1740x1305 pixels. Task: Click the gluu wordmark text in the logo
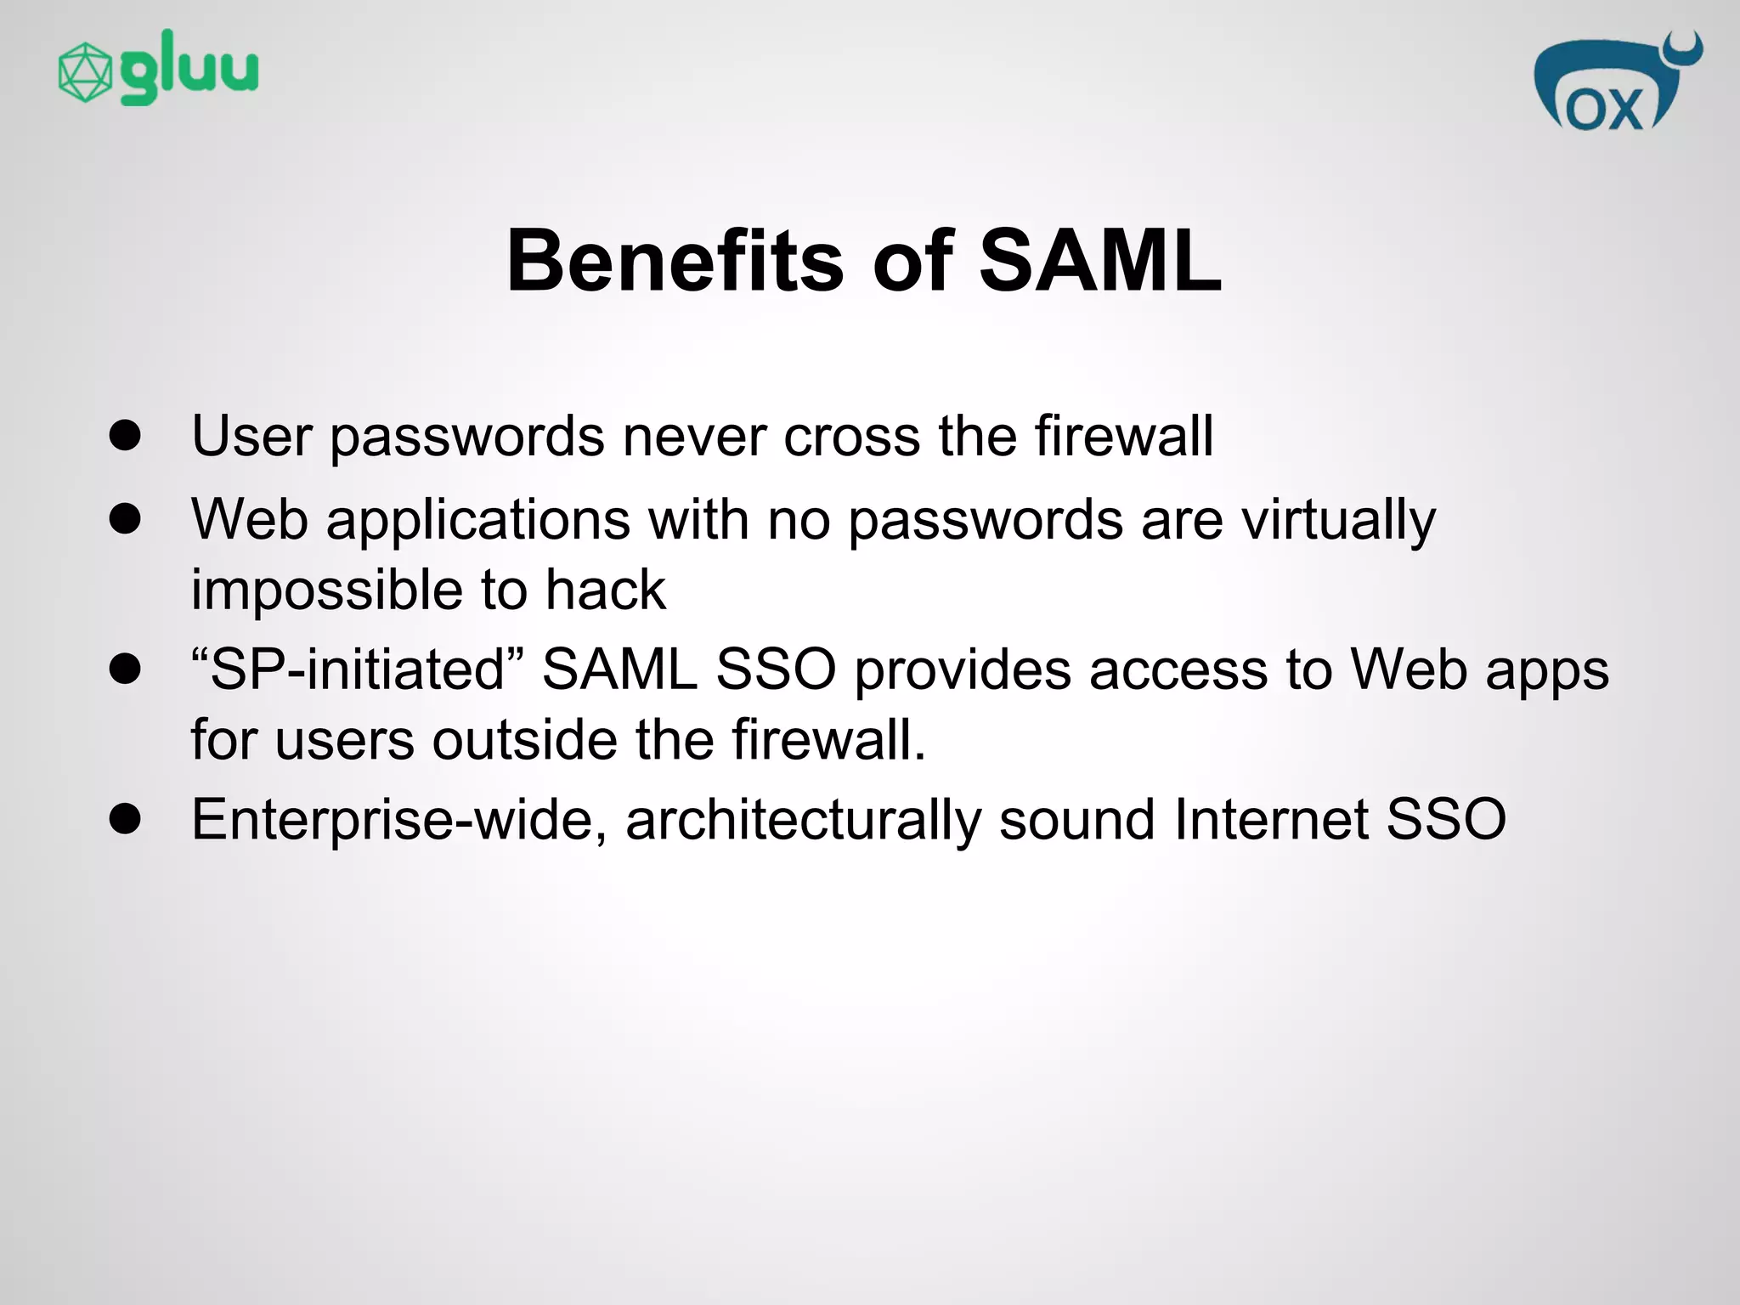[x=189, y=68]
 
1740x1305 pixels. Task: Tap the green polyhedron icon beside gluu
[x=84, y=73]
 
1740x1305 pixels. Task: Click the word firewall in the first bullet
[x=1123, y=436]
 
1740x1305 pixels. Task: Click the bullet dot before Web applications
[x=125, y=519]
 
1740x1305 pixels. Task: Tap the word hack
[x=605, y=590]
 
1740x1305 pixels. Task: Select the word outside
[x=524, y=739]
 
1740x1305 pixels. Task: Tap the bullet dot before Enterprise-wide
[x=125, y=820]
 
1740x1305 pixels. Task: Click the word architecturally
[x=803, y=820]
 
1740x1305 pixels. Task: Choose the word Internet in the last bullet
[x=1271, y=820]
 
